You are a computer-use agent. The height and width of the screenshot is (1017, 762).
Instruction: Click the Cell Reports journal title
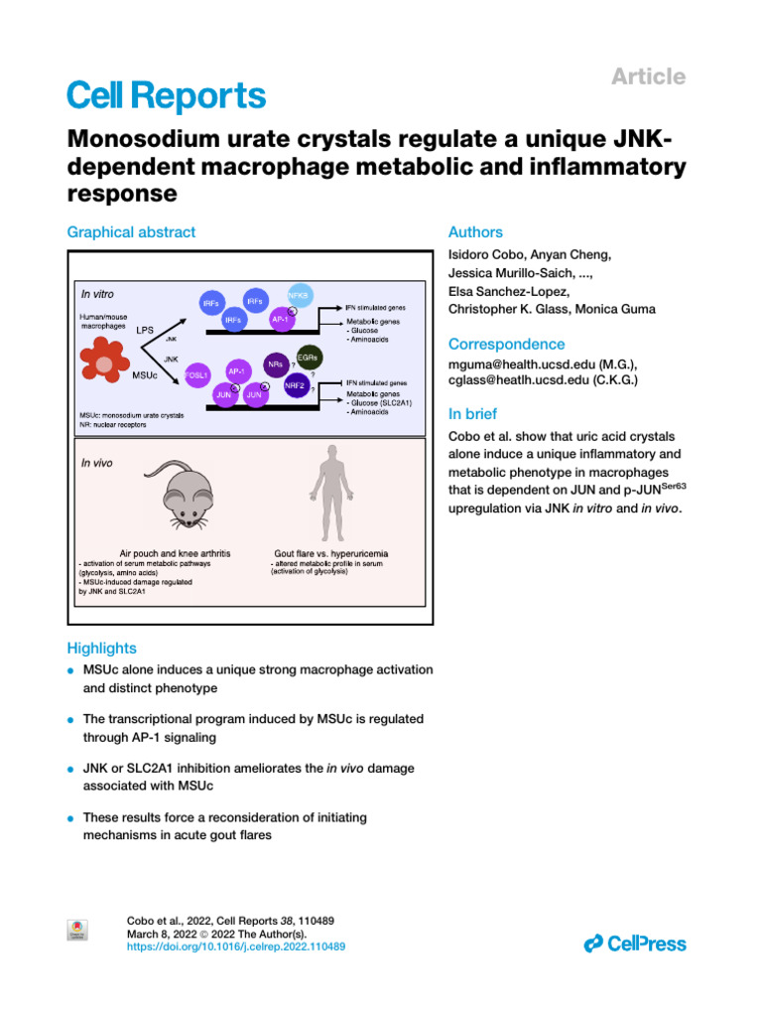tap(166, 95)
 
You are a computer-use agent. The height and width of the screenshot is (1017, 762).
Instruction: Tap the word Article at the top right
tap(649, 76)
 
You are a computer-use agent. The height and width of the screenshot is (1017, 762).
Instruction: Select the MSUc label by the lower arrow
tap(145, 378)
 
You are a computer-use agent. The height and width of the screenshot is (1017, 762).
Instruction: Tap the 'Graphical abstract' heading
tap(131, 232)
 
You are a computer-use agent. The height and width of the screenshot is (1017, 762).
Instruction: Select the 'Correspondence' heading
tap(507, 344)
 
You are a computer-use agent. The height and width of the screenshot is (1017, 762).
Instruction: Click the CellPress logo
tap(635, 944)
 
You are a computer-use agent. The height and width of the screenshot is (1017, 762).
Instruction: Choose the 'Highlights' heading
tap(101, 648)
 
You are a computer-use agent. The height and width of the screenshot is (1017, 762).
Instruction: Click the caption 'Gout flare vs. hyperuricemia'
tap(331, 552)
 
